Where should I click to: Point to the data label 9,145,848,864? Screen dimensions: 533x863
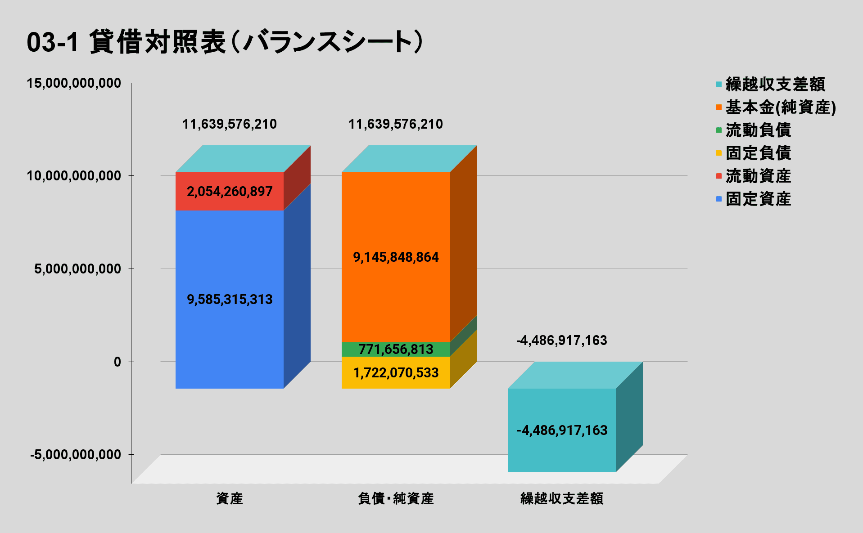coord(395,257)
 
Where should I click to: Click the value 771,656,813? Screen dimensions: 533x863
coord(396,349)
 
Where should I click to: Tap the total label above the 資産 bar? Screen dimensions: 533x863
coord(230,124)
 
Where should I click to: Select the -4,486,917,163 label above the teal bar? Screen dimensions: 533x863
coord(561,340)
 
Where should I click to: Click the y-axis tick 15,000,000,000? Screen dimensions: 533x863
coord(74,83)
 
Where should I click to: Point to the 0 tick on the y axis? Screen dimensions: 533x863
coord(117,362)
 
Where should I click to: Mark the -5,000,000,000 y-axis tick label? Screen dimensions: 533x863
coord(76,455)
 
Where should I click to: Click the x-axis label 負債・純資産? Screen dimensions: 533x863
coord(395,498)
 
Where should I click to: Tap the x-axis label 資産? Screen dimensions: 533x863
coord(230,498)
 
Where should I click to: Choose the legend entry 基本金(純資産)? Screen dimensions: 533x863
coord(780,107)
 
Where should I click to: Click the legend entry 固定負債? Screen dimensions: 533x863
coord(758,153)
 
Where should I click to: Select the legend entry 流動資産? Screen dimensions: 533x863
coord(758,176)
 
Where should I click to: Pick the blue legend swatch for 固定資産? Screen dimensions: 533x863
coord(719,199)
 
